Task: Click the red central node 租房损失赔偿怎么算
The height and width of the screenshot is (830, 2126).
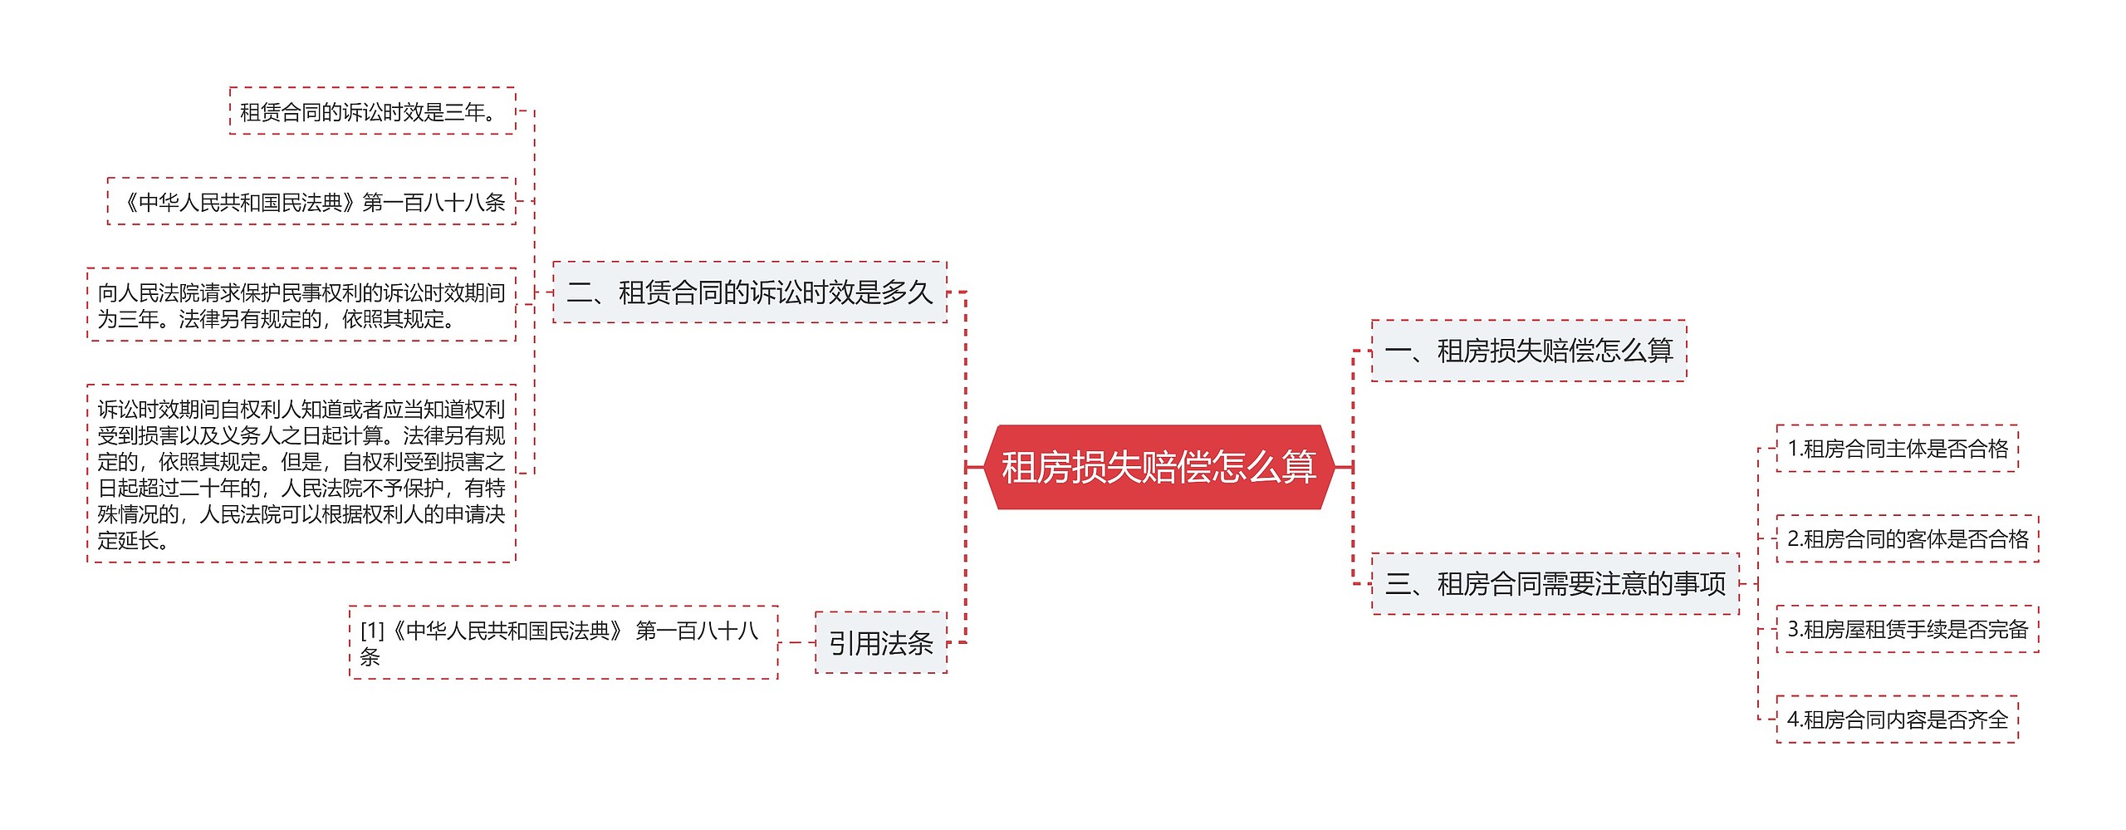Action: point(1159,467)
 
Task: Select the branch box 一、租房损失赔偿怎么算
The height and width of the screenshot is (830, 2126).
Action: point(1528,351)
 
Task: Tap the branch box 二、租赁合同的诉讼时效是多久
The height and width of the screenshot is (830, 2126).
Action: point(749,292)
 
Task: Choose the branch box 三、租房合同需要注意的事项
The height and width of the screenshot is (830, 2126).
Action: point(1555,584)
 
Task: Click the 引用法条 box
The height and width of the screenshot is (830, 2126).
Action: point(880,643)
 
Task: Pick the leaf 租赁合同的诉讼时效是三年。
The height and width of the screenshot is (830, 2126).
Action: point(371,111)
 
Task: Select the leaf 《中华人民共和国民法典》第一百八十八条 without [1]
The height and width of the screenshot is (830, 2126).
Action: point(311,202)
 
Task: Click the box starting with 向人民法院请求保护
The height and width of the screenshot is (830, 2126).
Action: point(301,305)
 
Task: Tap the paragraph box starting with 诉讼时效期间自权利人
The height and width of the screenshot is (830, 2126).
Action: point(301,474)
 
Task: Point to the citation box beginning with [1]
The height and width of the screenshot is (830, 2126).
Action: point(563,643)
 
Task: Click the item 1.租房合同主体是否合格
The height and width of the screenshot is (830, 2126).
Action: point(1897,449)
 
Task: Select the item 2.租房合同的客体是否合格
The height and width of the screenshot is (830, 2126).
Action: point(1907,539)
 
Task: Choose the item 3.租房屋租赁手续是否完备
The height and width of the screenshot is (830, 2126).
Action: point(1907,629)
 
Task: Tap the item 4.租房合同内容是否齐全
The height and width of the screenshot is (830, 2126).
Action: point(1897,719)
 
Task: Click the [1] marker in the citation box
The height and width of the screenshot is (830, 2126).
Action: point(372,631)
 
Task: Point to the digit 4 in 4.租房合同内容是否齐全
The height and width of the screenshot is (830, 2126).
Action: point(1793,719)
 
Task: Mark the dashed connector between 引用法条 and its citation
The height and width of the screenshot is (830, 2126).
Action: point(796,643)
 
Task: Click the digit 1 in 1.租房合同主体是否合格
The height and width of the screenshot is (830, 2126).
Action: point(1793,449)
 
